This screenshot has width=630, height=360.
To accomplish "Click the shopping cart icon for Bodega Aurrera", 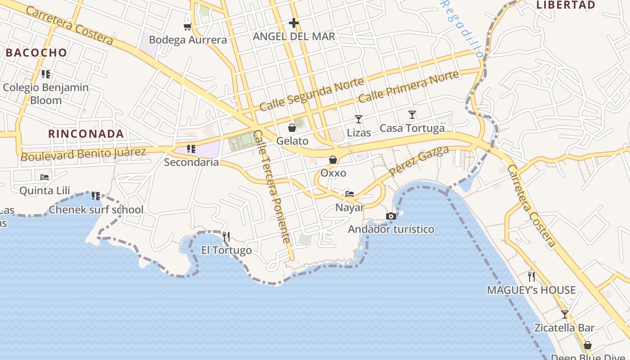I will coord(187,27).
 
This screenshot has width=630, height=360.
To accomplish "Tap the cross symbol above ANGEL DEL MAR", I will coord(294,22).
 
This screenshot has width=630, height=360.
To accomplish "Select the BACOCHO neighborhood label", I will coord(36,53).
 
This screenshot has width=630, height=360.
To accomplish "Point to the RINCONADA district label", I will coord(86,134).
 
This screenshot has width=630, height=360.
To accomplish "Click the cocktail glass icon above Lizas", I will coord(359,119).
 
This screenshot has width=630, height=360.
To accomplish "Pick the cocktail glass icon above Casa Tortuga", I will coord(412,115).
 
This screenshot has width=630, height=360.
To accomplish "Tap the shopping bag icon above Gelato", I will coord(292,128).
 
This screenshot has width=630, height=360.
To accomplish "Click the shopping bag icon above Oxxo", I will coord(333,160).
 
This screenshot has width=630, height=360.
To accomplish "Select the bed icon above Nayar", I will coord(350,194).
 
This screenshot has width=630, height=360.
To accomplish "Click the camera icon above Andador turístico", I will coord(391,216).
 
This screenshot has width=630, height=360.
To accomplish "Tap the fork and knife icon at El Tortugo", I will coord(226,236).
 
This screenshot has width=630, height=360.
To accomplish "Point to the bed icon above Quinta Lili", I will coord(45,177).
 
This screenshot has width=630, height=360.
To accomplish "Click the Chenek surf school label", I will coord(96,210).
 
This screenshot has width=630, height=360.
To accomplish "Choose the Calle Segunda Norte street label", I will coord(312,94).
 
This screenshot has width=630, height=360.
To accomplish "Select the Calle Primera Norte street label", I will coord(409,86).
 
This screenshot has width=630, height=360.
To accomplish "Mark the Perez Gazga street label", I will coord(419,161).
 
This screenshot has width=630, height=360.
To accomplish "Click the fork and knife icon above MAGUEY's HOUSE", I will coord(531,276).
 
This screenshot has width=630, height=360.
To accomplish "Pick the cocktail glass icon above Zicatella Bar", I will coord(565,314).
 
